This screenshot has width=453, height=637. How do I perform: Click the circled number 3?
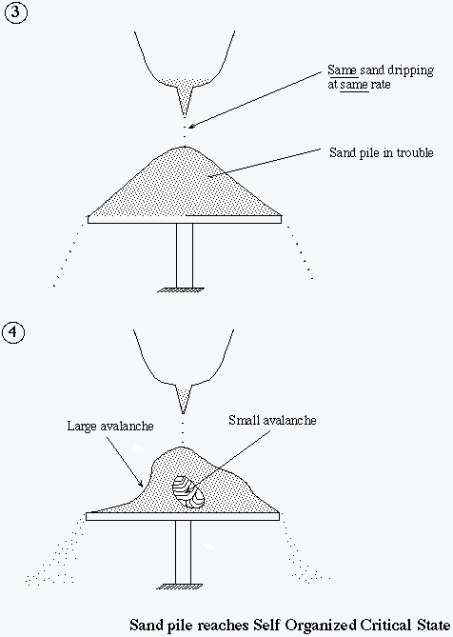(16, 11)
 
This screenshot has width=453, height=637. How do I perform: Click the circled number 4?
(14, 332)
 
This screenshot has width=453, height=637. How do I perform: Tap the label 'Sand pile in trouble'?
(382, 152)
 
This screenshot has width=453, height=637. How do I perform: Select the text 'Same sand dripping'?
(381, 70)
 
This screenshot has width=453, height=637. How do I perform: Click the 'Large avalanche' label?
(110, 426)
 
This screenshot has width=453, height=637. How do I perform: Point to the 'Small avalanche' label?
(272, 420)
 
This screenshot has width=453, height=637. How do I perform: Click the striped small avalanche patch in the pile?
(188, 490)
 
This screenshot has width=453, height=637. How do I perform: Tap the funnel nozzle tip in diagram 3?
(185, 116)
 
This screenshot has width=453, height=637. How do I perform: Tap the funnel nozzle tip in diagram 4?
(183, 412)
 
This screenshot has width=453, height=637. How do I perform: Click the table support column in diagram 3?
(185, 255)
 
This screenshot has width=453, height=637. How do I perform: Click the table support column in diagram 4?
(183, 552)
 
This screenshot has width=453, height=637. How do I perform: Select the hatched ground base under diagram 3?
(181, 290)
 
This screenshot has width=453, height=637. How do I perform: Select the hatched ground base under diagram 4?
(180, 587)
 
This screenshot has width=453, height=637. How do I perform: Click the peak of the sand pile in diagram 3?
(185, 147)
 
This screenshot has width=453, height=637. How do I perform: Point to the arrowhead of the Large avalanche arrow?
(140, 483)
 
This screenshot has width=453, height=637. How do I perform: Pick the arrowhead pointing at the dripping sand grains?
(192, 126)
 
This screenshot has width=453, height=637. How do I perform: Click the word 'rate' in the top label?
(381, 85)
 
